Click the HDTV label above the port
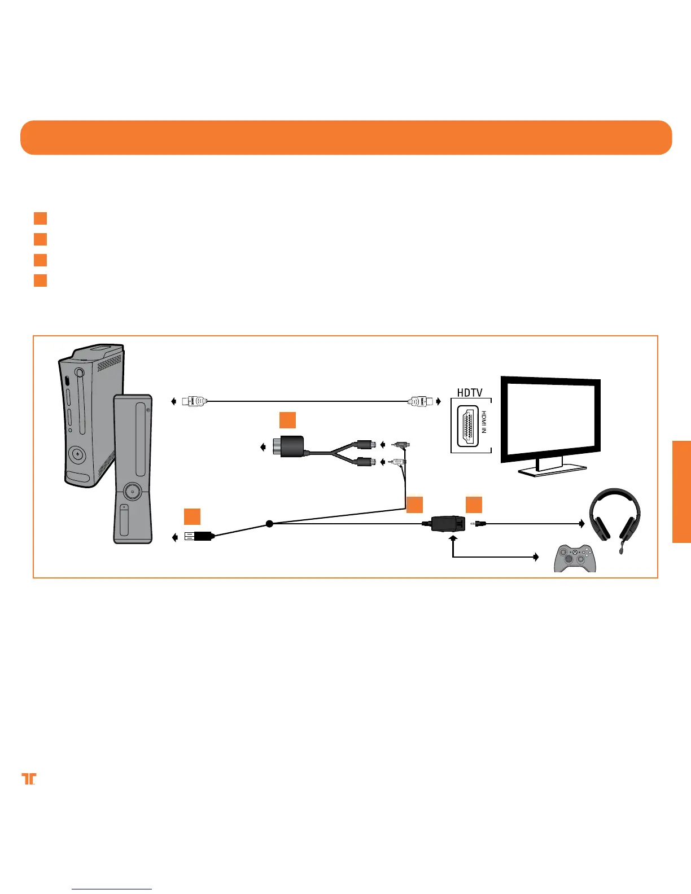tap(470, 392)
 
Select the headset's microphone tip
tap(622, 550)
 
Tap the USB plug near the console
tap(198, 536)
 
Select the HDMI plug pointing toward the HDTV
tap(420, 401)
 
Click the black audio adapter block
tap(288, 447)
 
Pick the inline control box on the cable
tap(448, 524)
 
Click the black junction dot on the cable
tap(269, 524)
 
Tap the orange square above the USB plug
tap(192, 516)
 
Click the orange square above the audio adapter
tap(287, 420)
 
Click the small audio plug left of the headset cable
tap(479, 524)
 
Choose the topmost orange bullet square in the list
tap(40, 218)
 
